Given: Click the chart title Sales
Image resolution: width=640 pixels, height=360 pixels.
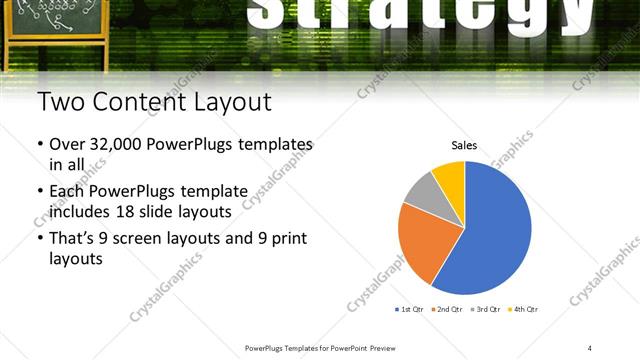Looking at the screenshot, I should point(464,146).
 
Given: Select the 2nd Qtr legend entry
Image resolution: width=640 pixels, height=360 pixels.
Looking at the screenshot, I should point(449,309).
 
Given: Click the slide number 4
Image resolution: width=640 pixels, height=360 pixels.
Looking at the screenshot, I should point(590,347).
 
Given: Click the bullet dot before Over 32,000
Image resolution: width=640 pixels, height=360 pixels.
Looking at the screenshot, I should point(40,145).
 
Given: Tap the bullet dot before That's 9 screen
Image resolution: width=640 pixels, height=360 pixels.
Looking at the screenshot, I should point(40,240).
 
